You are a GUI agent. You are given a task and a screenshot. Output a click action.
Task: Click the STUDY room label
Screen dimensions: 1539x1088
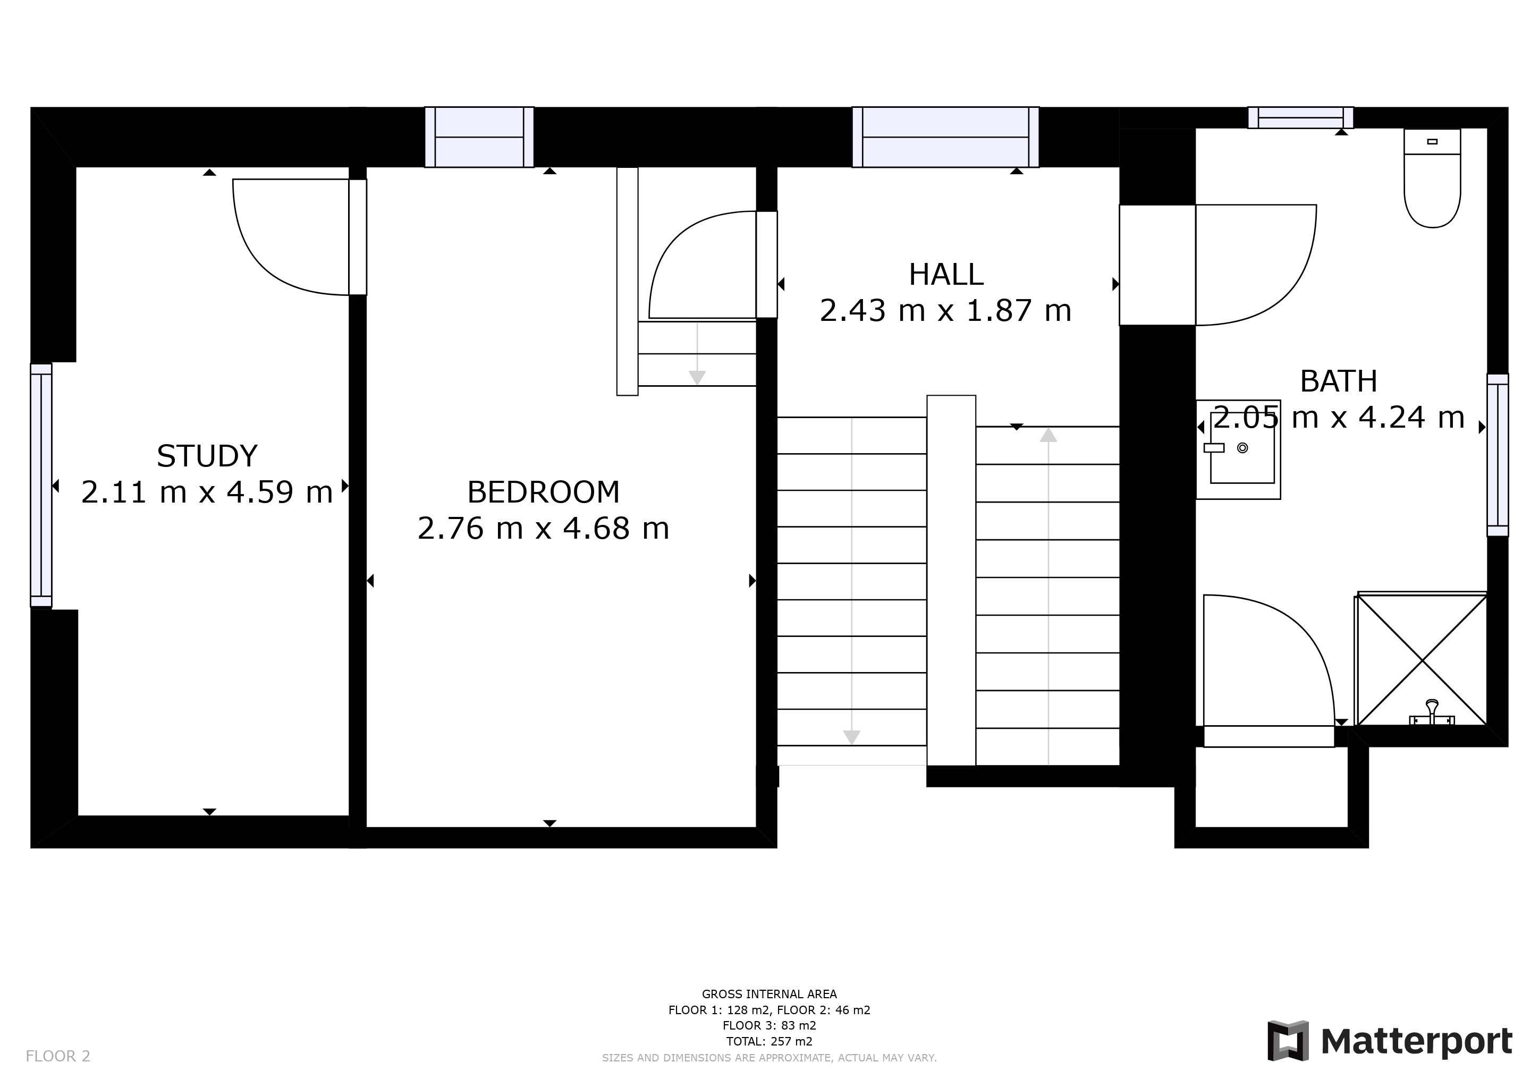[x=207, y=456]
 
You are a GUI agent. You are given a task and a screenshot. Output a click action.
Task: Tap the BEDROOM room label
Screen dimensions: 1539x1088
[x=544, y=492]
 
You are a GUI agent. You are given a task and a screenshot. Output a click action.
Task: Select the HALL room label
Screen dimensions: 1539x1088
[x=946, y=275]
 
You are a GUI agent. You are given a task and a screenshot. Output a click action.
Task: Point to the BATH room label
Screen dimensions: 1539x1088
[x=1339, y=382]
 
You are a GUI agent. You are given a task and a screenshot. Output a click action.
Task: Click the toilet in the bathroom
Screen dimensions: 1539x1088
[x=1432, y=178]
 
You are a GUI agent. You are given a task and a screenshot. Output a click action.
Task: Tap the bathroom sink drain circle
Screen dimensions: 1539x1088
[x=1242, y=447]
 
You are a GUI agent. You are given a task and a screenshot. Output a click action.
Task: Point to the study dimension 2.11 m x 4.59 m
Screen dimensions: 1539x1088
[x=207, y=492]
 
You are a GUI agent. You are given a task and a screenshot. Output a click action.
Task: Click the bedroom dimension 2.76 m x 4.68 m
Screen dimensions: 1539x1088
[x=544, y=529]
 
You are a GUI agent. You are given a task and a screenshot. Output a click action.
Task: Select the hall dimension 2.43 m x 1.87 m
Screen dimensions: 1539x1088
[x=946, y=311]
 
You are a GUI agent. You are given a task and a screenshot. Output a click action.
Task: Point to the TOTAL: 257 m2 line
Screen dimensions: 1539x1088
[x=769, y=1042]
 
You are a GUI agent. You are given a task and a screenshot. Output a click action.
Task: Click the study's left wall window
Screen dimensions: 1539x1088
[x=41, y=486]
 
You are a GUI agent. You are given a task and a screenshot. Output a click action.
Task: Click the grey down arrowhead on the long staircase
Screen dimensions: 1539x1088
[x=851, y=737]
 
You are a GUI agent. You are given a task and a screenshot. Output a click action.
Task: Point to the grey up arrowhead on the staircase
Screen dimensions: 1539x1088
[x=1048, y=436]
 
